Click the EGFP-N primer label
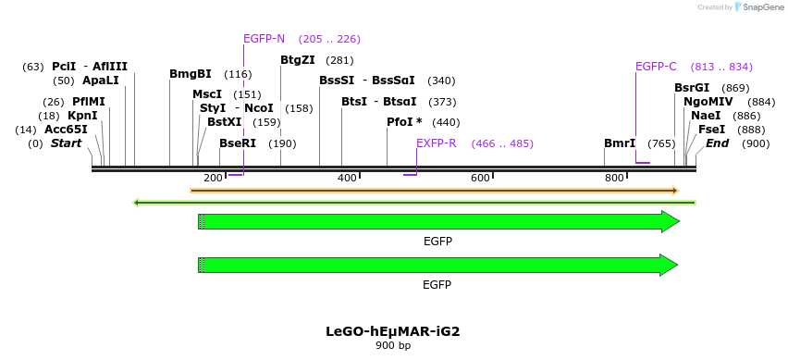coord(264,39)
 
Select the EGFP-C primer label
coord(656,67)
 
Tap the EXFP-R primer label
coord(436,143)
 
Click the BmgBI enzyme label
coord(191,74)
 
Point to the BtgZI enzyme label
coord(298,60)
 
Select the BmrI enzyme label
coord(620,143)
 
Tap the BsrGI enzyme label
coord(692,88)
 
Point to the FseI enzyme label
coord(711,130)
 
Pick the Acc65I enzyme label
coord(66,130)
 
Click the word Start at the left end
coord(67,143)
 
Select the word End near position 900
coord(718,143)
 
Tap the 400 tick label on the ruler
coord(347,178)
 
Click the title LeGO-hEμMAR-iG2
coord(392,330)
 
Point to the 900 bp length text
coord(392,345)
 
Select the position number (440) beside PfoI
coord(446,122)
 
